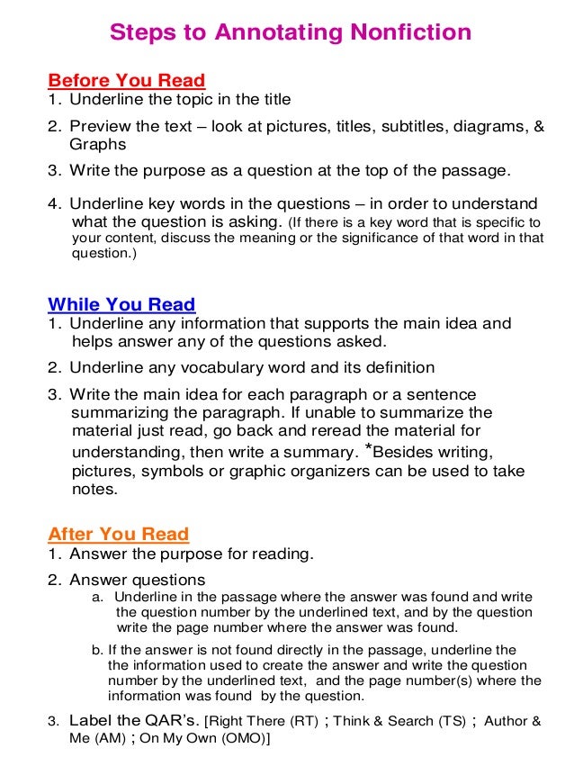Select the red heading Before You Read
pyautogui.click(x=126, y=80)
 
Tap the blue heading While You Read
pyautogui.click(x=121, y=304)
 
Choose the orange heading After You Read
pyautogui.click(x=118, y=534)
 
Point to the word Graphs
pyautogui.click(x=97, y=144)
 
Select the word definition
pyautogui.click(x=396, y=367)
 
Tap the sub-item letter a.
pyautogui.click(x=97, y=597)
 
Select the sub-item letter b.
pyautogui.click(x=96, y=648)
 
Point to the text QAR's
pyautogui.click(x=167, y=721)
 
